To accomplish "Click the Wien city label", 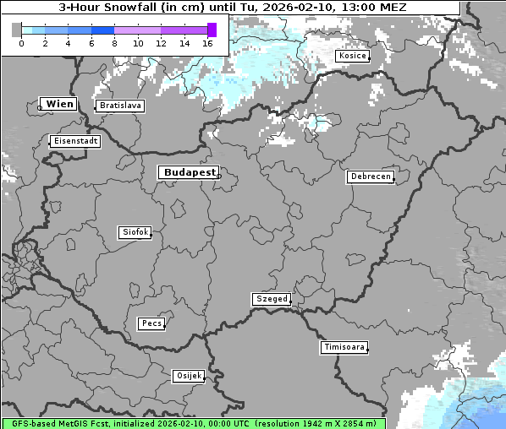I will coord(59,104).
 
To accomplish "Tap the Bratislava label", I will coord(119,106).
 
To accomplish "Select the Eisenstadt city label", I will coord(74,141).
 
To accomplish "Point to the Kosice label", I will coord(352,56).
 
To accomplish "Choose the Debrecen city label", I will coord(370,176).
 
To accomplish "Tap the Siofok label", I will coord(135,232).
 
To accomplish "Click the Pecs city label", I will coord(151,323).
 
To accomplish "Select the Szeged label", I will coord(272,299).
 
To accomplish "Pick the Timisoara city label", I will coord(344,347).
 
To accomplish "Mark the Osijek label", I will coord(189,376).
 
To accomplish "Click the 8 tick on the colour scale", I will coord(114,44).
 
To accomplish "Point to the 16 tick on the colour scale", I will coord(208,44).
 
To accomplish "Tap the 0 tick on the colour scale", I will coord(21,44).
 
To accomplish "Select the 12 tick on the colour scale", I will coord(161,44).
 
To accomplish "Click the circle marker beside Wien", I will coord(40,107).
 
